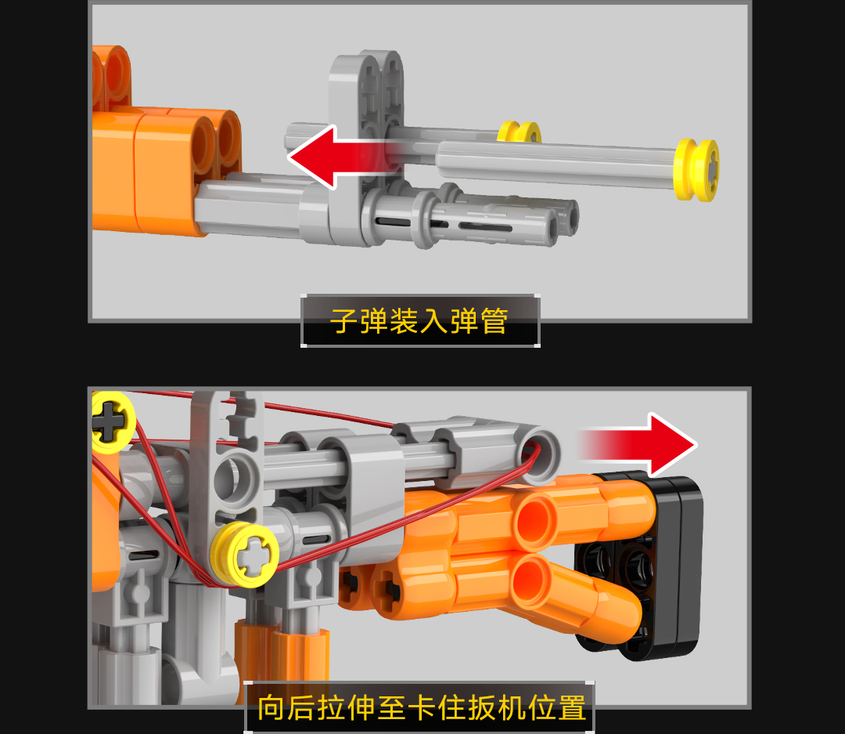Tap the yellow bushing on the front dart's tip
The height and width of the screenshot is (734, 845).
click(696, 169)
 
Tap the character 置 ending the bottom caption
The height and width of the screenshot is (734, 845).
click(572, 708)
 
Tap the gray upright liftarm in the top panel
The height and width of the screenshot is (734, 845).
click(366, 146)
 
